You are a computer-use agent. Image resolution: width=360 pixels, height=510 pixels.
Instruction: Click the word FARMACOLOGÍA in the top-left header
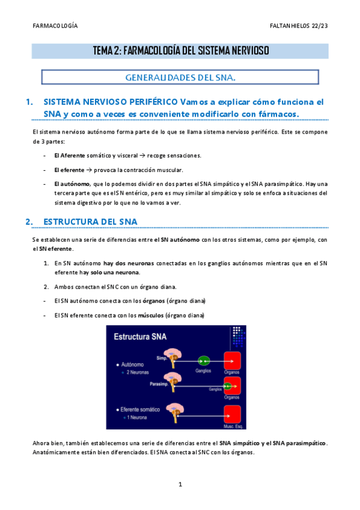(55, 26)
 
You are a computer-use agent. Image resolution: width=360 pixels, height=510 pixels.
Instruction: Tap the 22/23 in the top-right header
(319, 26)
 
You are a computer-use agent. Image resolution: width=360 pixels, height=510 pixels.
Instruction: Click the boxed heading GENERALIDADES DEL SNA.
(180, 78)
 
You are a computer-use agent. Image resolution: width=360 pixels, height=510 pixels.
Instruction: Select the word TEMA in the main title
(103, 51)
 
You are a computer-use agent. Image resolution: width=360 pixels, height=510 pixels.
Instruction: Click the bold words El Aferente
(69, 155)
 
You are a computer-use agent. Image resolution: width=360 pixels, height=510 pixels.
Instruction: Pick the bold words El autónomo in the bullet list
(72, 184)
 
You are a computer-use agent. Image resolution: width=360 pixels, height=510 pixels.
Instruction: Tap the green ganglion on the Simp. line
(204, 361)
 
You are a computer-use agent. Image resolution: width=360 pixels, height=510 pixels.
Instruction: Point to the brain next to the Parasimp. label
(175, 381)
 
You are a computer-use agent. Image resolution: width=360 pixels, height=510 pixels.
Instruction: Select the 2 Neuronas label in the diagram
(139, 373)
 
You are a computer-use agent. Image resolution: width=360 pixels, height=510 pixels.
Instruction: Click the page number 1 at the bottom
(180, 484)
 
